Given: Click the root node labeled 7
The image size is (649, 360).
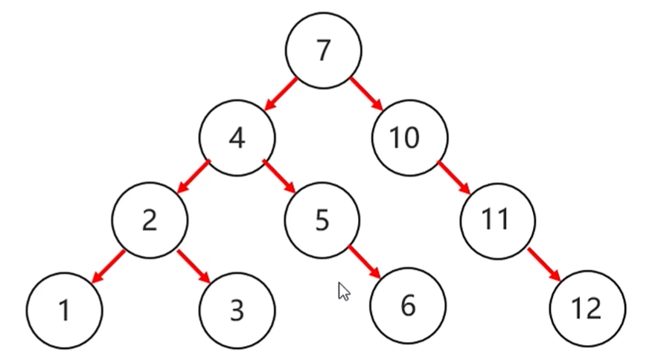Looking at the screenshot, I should point(324,51).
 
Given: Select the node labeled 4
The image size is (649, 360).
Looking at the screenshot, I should point(237,138).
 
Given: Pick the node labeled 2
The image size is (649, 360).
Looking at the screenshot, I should point(150,220).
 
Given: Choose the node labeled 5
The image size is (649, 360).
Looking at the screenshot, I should point(322,220).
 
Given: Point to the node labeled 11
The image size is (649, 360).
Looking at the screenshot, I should point(496,220).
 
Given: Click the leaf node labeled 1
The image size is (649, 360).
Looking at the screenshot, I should point(64,309).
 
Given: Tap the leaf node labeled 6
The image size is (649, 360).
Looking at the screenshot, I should point(408,306).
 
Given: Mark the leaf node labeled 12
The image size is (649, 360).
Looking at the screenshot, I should point(588,308).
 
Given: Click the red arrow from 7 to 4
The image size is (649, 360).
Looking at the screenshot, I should point(281,94).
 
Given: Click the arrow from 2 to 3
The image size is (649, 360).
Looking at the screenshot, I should point(194,266).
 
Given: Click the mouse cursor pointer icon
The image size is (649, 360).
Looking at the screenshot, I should point(343,291).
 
